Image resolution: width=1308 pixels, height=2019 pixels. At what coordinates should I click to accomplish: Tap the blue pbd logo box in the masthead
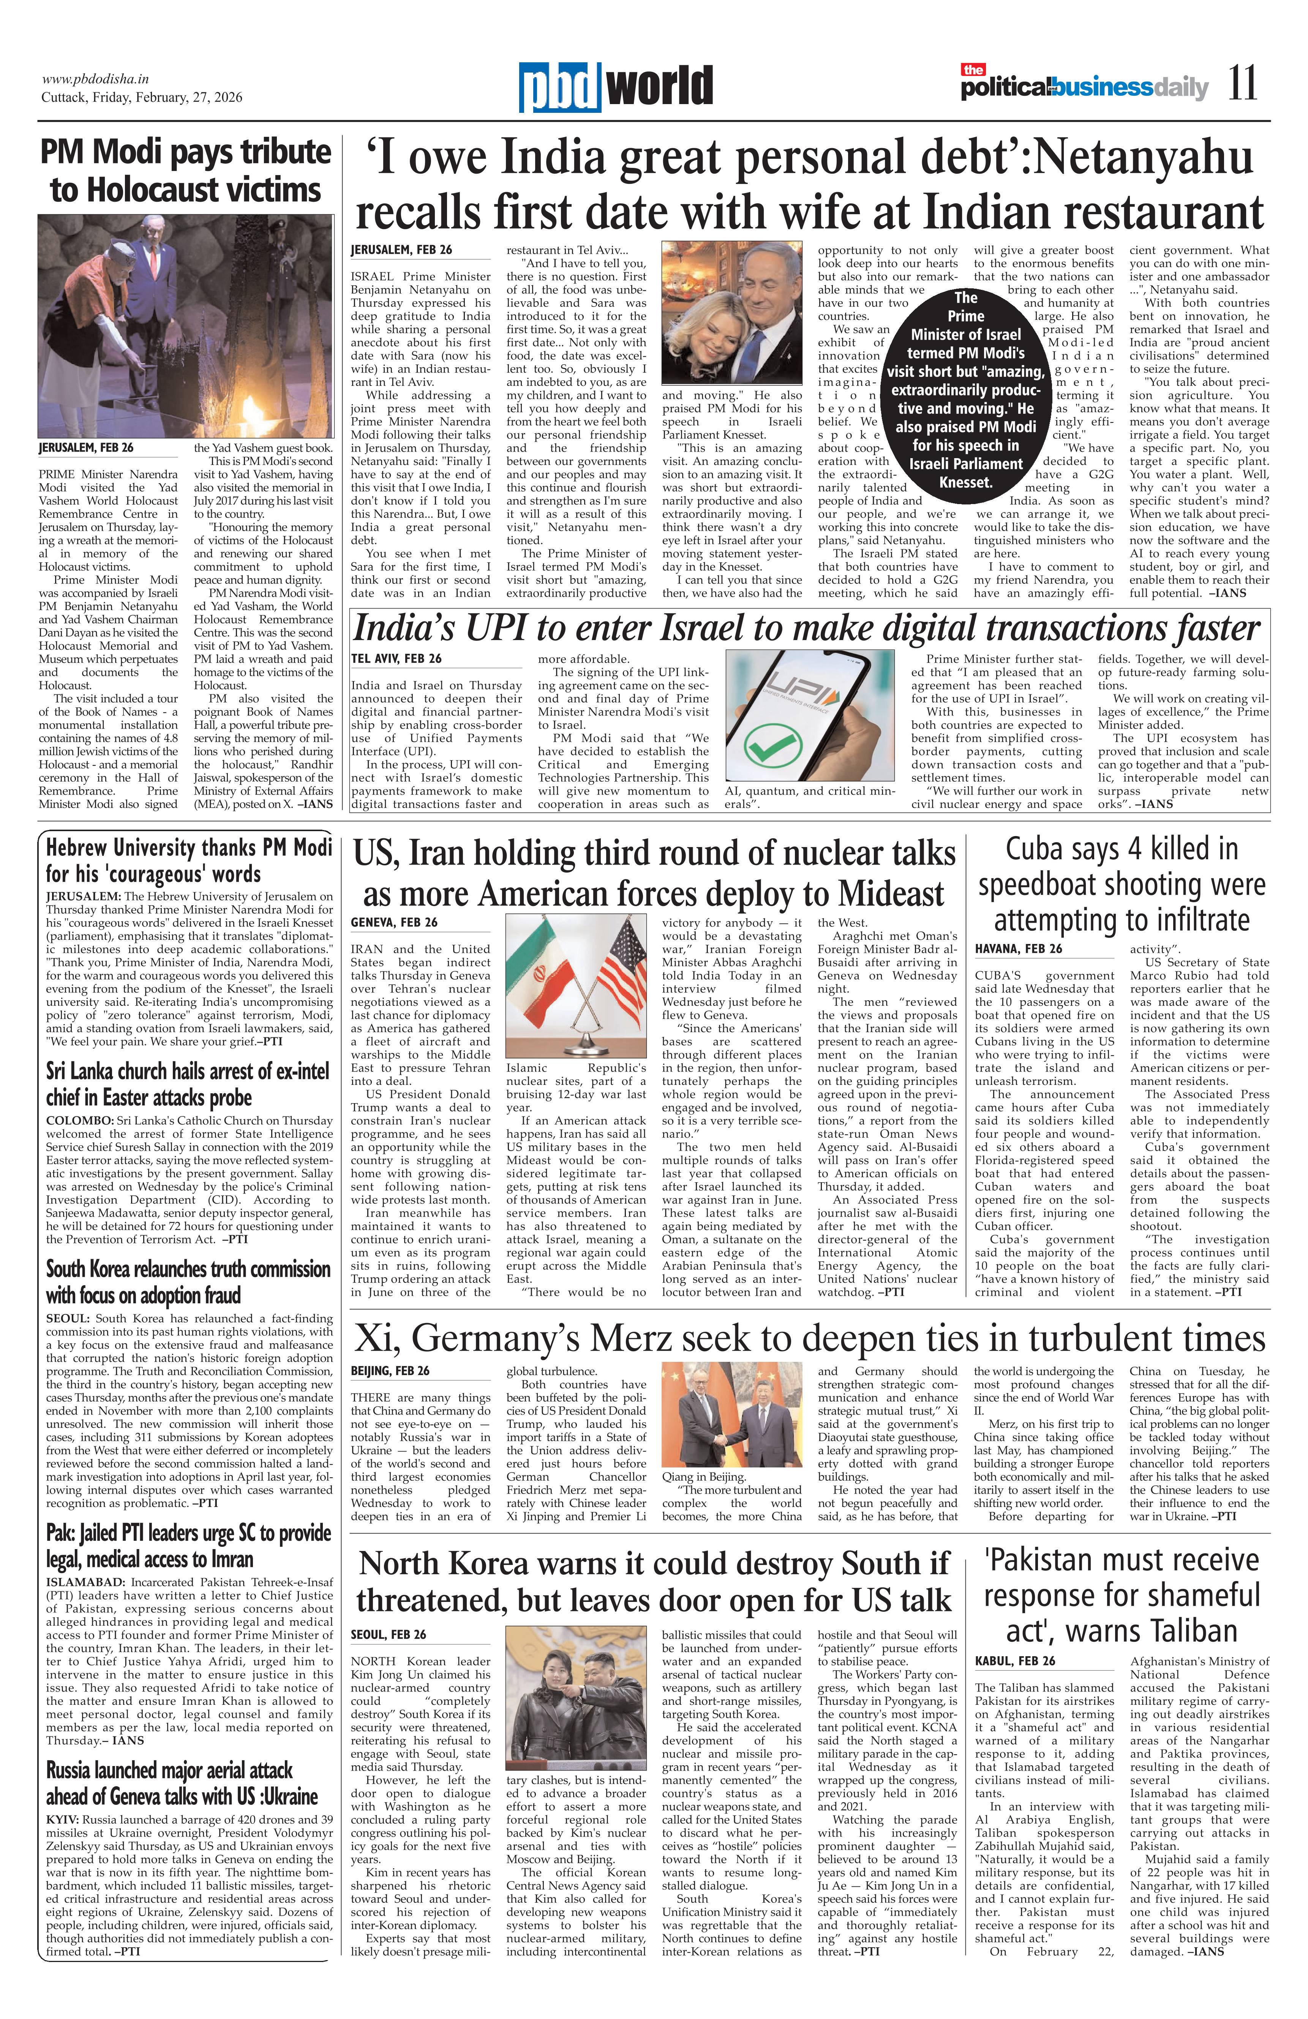click(561, 87)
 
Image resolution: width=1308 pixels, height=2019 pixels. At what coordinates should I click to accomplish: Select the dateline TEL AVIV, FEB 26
click(396, 658)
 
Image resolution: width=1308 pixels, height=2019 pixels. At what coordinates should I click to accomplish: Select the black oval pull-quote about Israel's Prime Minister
click(965, 389)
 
